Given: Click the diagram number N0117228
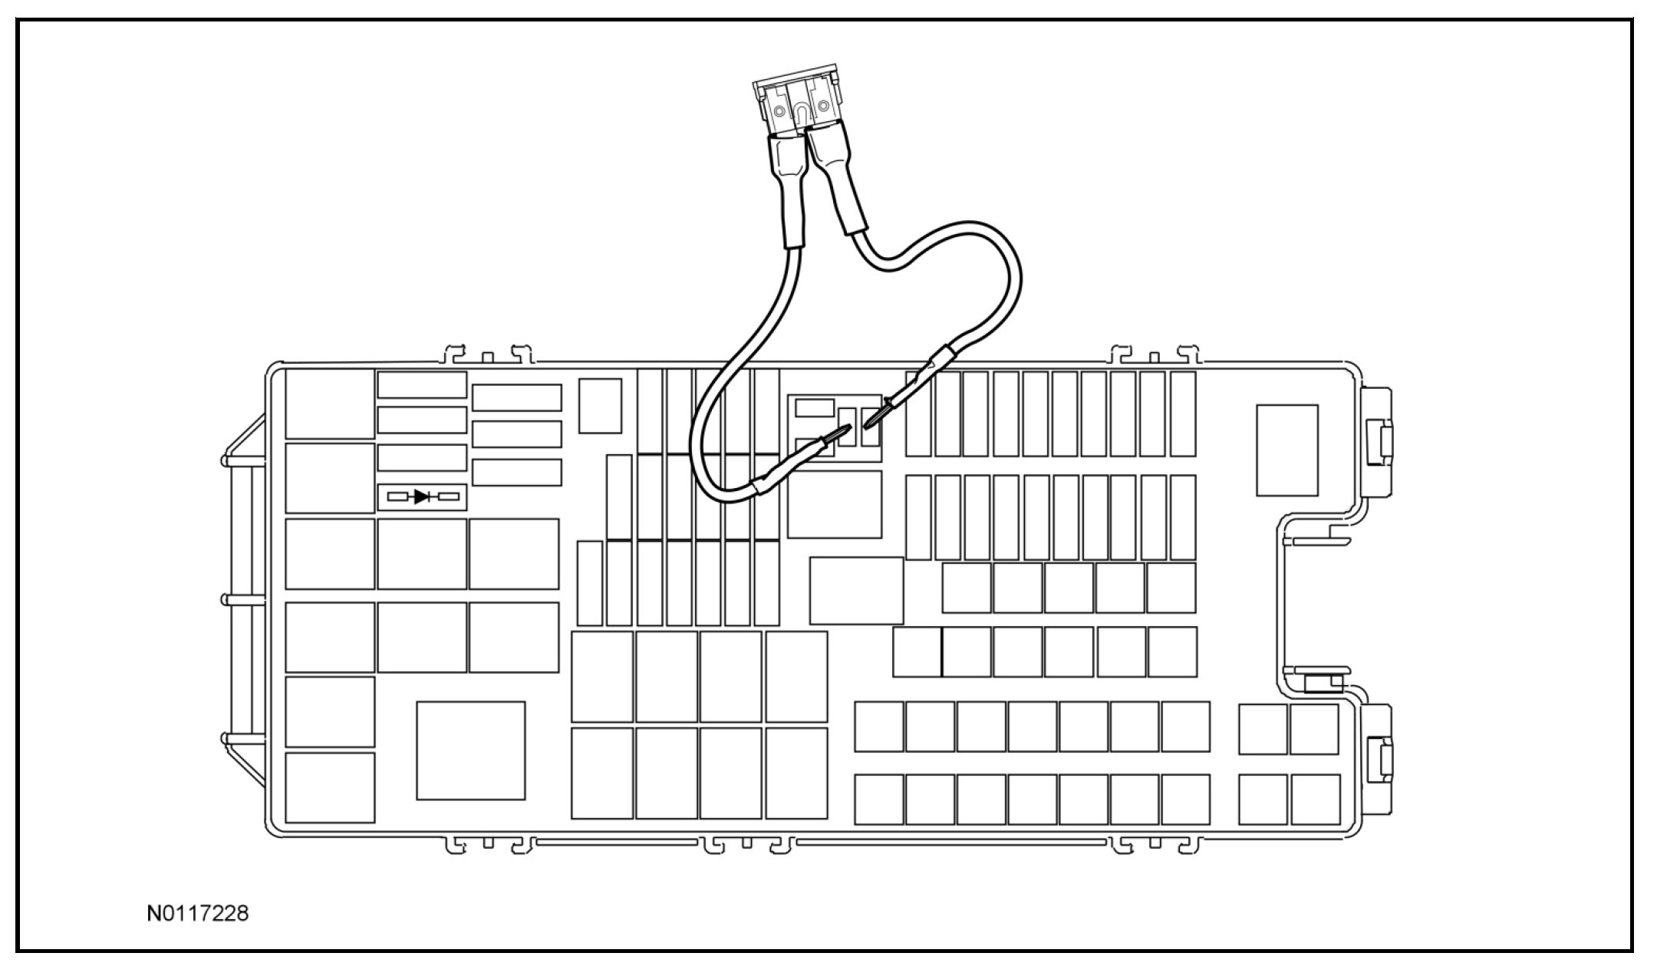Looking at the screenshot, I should pyautogui.click(x=198, y=915).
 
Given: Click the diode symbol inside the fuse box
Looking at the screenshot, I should pyautogui.click(x=422, y=497).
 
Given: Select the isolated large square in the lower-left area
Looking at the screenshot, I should pyautogui.click(x=470, y=750).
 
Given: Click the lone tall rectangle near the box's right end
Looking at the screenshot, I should pyautogui.click(x=1286, y=450).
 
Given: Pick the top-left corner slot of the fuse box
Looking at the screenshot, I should pyautogui.click(x=330, y=404).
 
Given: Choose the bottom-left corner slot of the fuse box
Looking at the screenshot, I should pyautogui.click(x=330, y=787).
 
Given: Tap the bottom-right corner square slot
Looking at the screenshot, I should pyautogui.click(x=1315, y=800).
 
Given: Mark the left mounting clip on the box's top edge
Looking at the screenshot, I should pyautogui.click(x=486, y=356).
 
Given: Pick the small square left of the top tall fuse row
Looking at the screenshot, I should pyautogui.click(x=600, y=405).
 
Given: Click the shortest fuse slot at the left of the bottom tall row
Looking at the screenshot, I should pyautogui.click(x=589, y=583).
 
